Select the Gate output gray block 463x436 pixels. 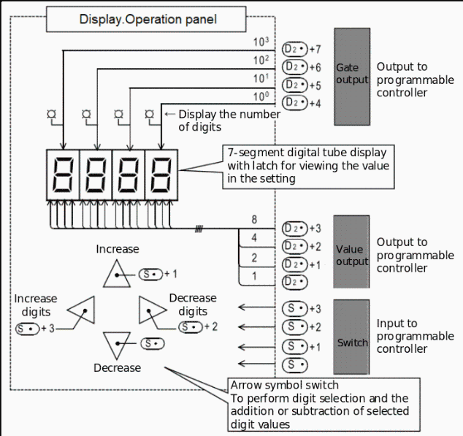(352, 77)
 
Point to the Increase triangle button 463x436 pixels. (117, 278)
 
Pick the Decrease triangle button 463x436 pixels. (116, 342)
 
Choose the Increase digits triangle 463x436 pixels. (85, 311)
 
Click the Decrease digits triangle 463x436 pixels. (148, 311)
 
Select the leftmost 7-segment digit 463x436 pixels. (63, 175)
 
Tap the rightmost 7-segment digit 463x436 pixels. (161, 175)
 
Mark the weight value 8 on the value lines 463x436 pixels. (253, 220)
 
